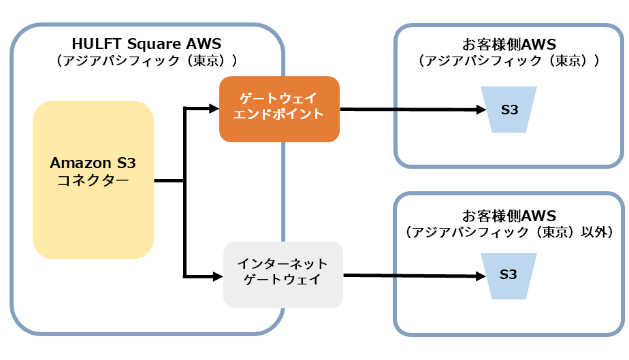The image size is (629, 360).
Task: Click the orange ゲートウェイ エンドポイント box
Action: pyautogui.click(x=278, y=108)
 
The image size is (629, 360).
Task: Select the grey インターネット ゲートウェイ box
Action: pyautogui.click(x=283, y=273)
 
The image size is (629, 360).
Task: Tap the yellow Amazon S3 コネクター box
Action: pyautogui.click(x=93, y=180)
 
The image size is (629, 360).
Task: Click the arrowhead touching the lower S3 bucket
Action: pyautogui.click(x=481, y=276)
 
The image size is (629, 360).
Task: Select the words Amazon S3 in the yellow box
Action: pyautogui.click(x=93, y=164)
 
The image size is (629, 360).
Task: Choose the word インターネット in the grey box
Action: pyautogui.click(x=283, y=263)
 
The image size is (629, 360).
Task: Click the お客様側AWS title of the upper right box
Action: pyautogui.click(x=509, y=45)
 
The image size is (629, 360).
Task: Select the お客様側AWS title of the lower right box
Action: pyautogui.click(x=509, y=216)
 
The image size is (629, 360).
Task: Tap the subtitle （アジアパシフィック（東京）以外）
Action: pyautogui.click(x=509, y=232)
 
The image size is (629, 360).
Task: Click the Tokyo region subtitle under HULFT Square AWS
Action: pyautogui.click(x=146, y=61)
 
